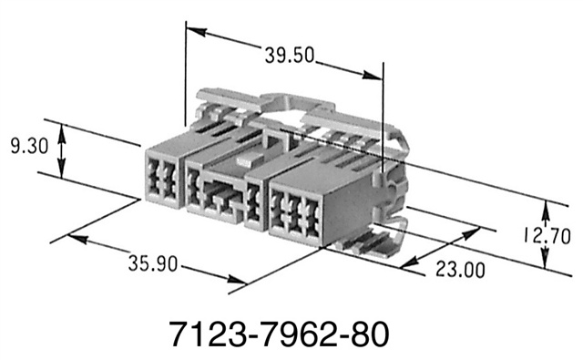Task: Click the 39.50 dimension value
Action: [x=291, y=55]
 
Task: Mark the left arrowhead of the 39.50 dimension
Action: [x=191, y=29]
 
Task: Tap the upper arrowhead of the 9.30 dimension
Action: [x=62, y=130]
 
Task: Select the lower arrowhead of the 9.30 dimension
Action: [x=62, y=173]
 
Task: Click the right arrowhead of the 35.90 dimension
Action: [x=239, y=284]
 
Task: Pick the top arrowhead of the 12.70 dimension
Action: [x=546, y=208]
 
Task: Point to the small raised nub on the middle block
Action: [x=241, y=161]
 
